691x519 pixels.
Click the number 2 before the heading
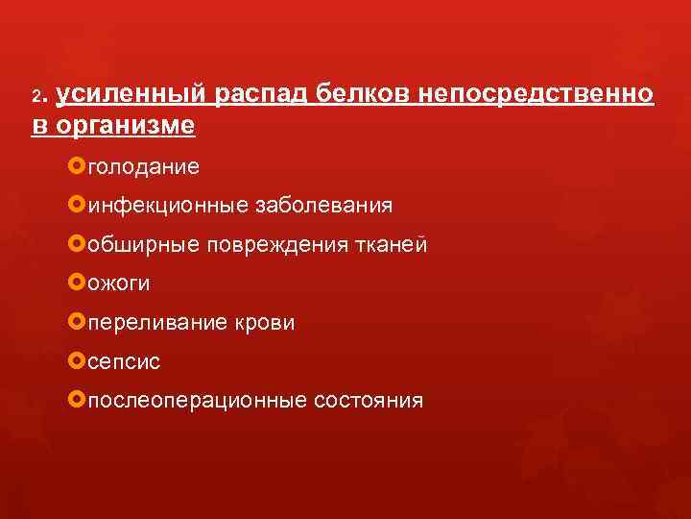pyautogui.click(x=36, y=97)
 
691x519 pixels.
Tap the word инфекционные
pyautogui.click(x=166, y=206)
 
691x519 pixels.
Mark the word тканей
pyautogui.click(x=391, y=245)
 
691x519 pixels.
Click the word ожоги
pyautogui.click(x=118, y=284)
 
